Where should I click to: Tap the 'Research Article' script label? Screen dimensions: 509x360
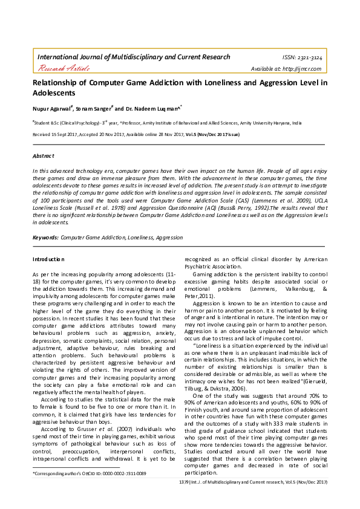coord(64,69)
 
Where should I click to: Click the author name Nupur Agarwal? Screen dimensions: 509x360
coord(52,109)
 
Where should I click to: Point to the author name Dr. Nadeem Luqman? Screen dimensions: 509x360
coord(148,109)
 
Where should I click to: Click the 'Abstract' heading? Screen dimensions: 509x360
coord(44,156)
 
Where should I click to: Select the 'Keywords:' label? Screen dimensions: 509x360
coord(45,238)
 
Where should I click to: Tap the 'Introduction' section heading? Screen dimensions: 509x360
coord(48,259)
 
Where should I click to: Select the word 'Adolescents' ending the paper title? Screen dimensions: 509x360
coord(54,94)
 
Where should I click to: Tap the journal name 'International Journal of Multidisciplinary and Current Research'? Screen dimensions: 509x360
coord(134,57)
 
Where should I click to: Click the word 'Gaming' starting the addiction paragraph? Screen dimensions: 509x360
coord(204,274)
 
